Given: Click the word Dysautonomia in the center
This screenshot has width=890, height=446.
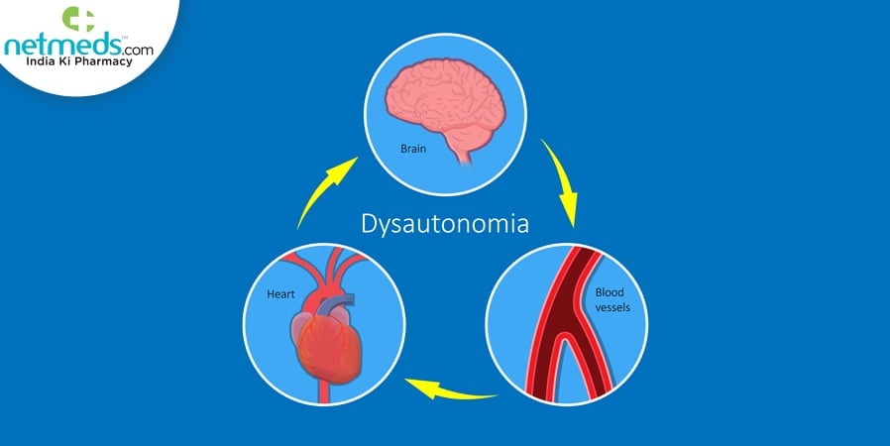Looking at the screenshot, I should pos(444,225).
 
